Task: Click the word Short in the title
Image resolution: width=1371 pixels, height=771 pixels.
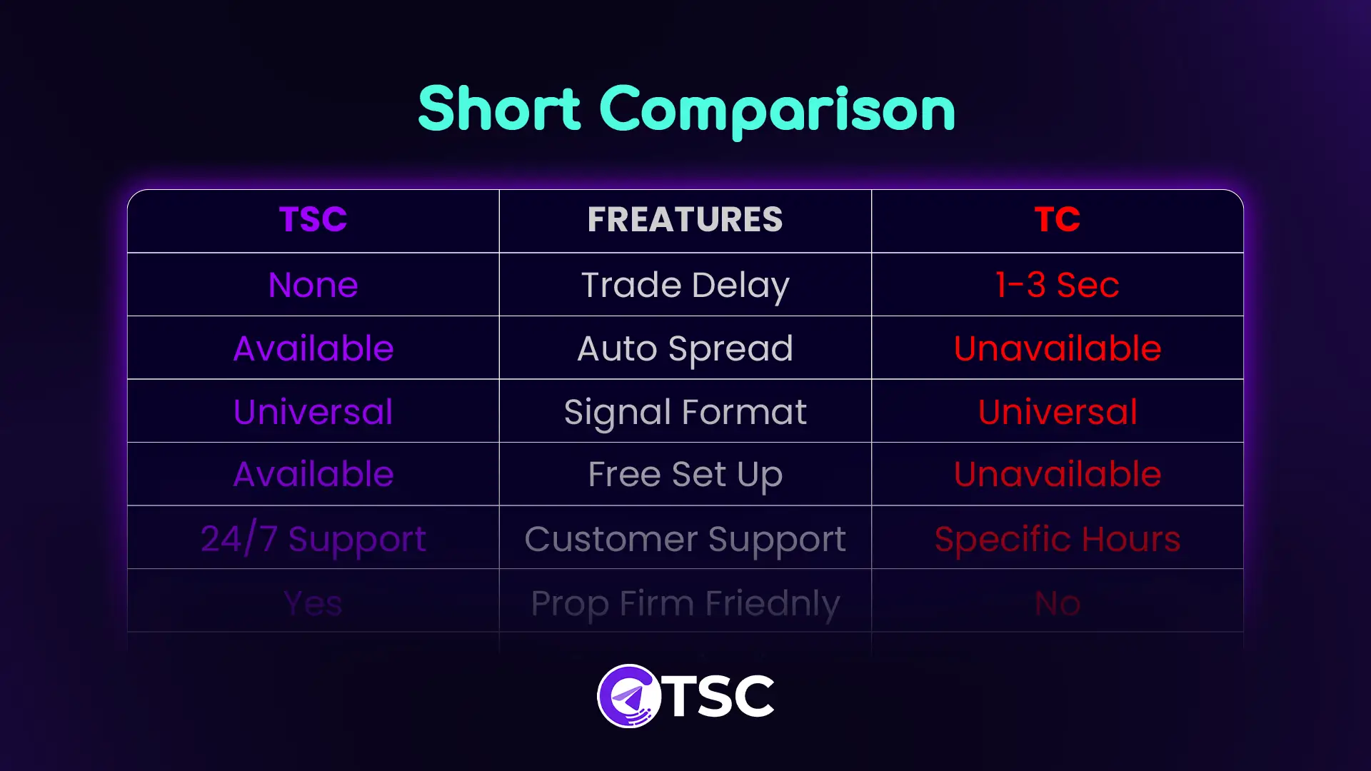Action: [x=499, y=109]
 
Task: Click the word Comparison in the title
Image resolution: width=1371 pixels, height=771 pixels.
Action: [x=777, y=111]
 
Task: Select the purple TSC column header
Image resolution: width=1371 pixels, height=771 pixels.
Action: [x=313, y=219]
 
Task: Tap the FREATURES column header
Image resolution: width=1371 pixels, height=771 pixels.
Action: [x=685, y=219]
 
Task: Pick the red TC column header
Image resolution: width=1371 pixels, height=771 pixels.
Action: [x=1058, y=219]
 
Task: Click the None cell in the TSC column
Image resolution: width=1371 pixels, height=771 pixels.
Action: [x=313, y=285]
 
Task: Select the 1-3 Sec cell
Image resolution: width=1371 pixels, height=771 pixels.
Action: [x=1058, y=285]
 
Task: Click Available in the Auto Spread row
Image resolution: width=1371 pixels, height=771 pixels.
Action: [x=313, y=348]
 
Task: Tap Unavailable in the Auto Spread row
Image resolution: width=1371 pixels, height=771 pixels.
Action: [x=1058, y=348]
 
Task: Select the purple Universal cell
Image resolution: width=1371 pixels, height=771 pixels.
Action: [x=313, y=412]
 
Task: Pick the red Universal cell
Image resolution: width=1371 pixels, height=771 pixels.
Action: [x=1058, y=412]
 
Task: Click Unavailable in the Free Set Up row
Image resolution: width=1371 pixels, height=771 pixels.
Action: [x=1058, y=474]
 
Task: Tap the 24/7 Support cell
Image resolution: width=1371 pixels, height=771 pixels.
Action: [x=313, y=540]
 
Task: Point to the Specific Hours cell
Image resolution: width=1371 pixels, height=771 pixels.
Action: [x=1058, y=540]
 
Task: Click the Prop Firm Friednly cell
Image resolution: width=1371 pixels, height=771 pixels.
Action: [x=685, y=604]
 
